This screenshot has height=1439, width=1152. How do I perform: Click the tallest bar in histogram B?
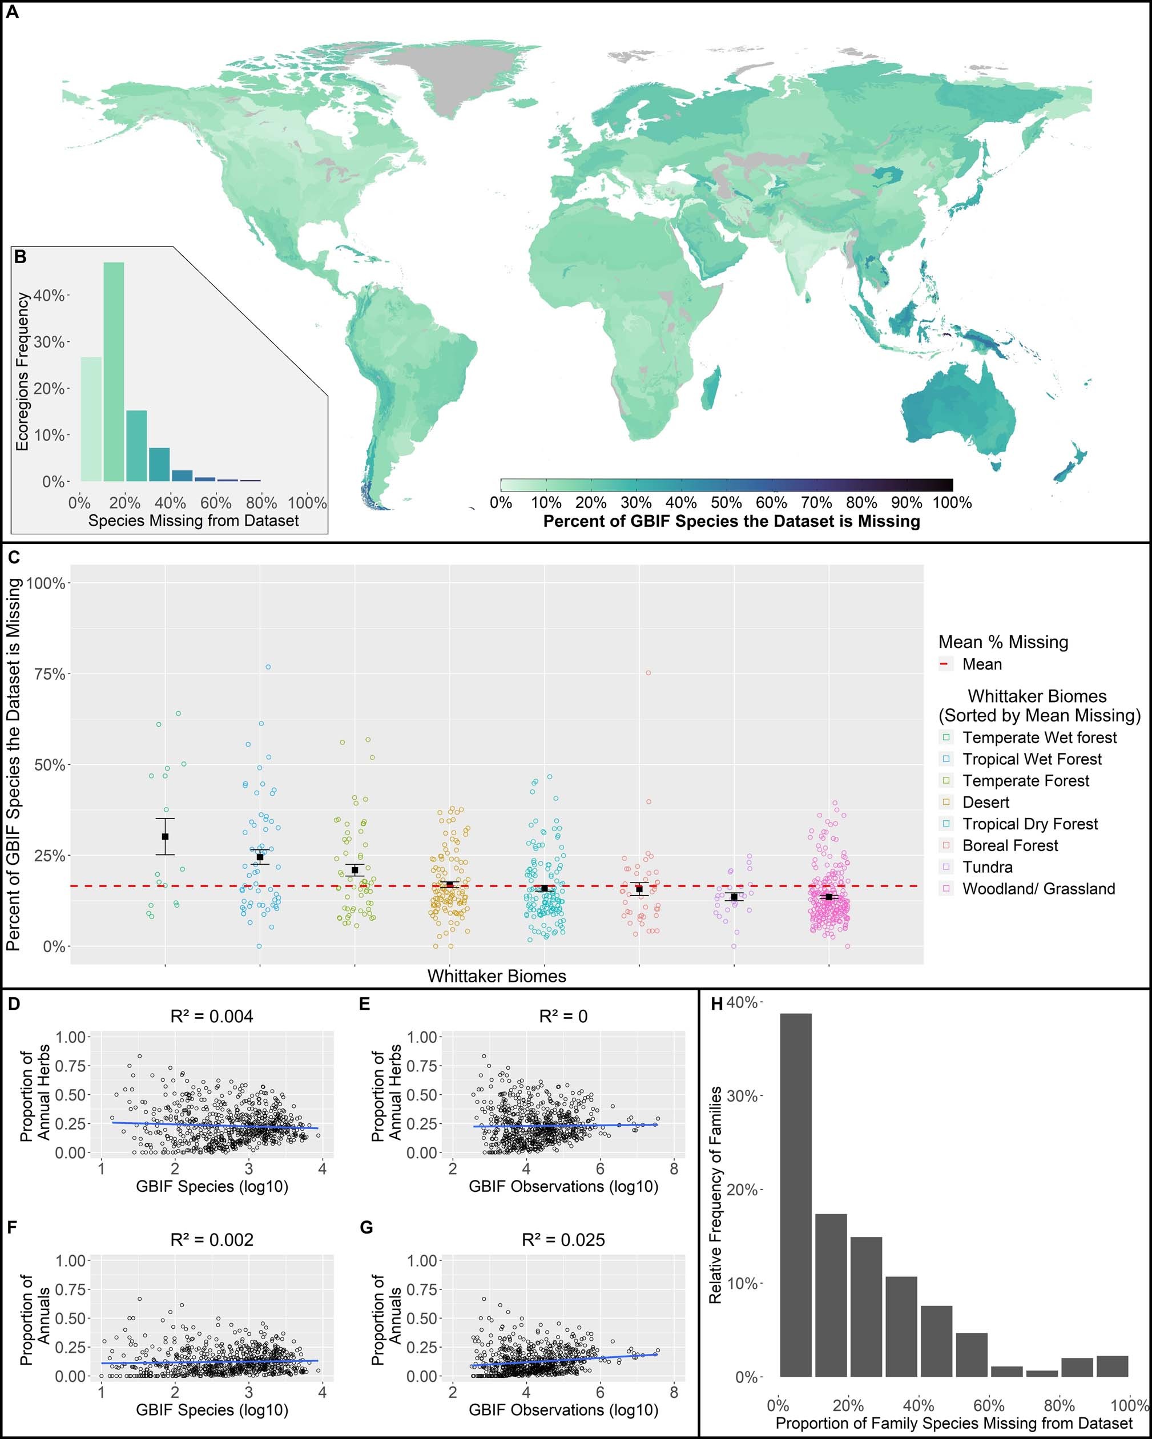114,371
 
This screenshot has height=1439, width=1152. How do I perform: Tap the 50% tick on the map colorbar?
726,502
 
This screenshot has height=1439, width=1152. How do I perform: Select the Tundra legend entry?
987,867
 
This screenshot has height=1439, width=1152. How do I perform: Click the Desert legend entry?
985,802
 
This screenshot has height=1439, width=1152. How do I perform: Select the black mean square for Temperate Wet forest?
165,836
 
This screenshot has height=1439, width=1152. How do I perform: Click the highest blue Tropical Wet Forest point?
268,667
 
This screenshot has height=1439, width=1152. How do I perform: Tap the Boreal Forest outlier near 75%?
647,673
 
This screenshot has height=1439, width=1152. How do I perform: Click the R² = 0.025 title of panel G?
563,1240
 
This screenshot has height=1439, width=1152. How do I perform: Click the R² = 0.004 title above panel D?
212,1017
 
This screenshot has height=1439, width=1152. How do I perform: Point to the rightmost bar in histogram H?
1112,1367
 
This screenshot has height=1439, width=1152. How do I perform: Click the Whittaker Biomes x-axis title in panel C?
497,976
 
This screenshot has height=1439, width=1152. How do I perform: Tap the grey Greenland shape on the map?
441,80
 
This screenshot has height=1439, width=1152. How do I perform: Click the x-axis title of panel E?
563,1187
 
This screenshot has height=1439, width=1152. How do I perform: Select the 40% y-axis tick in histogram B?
48,296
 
